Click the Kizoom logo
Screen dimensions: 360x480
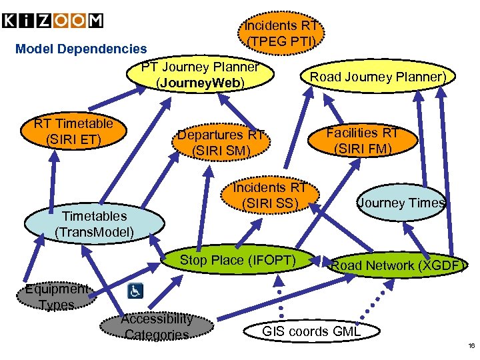[x=53, y=21]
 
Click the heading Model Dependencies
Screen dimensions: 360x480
[x=81, y=49]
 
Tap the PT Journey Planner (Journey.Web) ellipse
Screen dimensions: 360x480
[x=200, y=75]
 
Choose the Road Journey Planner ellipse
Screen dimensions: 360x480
[x=377, y=77]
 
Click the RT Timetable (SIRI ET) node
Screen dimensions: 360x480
[x=73, y=131]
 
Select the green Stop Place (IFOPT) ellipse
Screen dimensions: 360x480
[x=238, y=261]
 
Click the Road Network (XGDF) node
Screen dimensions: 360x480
[x=397, y=265]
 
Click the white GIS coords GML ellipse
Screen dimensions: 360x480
[x=311, y=331]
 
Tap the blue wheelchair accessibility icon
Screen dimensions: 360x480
[x=136, y=291]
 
